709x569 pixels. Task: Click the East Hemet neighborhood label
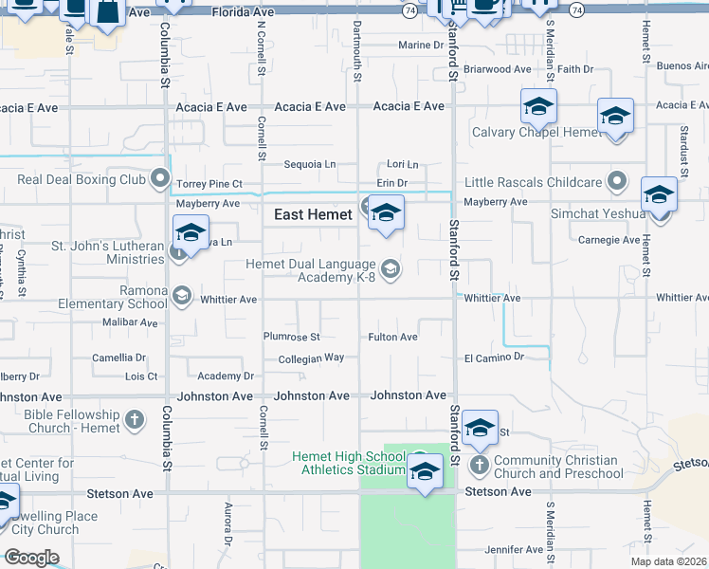click(x=313, y=215)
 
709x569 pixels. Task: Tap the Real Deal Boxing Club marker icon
click(x=163, y=179)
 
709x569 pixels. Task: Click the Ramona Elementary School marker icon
click(x=180, y=297)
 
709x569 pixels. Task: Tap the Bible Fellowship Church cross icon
click(x=135, y=419)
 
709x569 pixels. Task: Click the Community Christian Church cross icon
click(x=480, y=466)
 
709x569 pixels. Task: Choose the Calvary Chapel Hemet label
click(x=536, y=133)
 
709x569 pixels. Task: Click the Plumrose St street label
click(x=292, y=337)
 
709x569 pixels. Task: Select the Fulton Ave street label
click(x=392, y=337)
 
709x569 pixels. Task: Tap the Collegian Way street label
click(x=311, y=358)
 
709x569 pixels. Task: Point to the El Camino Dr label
click(x=494, y=357)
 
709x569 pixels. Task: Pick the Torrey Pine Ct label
click(x=210, y=183)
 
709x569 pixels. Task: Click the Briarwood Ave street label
click(x=498, y=69)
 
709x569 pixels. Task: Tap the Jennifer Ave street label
click(x=513, y=549)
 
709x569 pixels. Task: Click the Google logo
click(x=31, y=557)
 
